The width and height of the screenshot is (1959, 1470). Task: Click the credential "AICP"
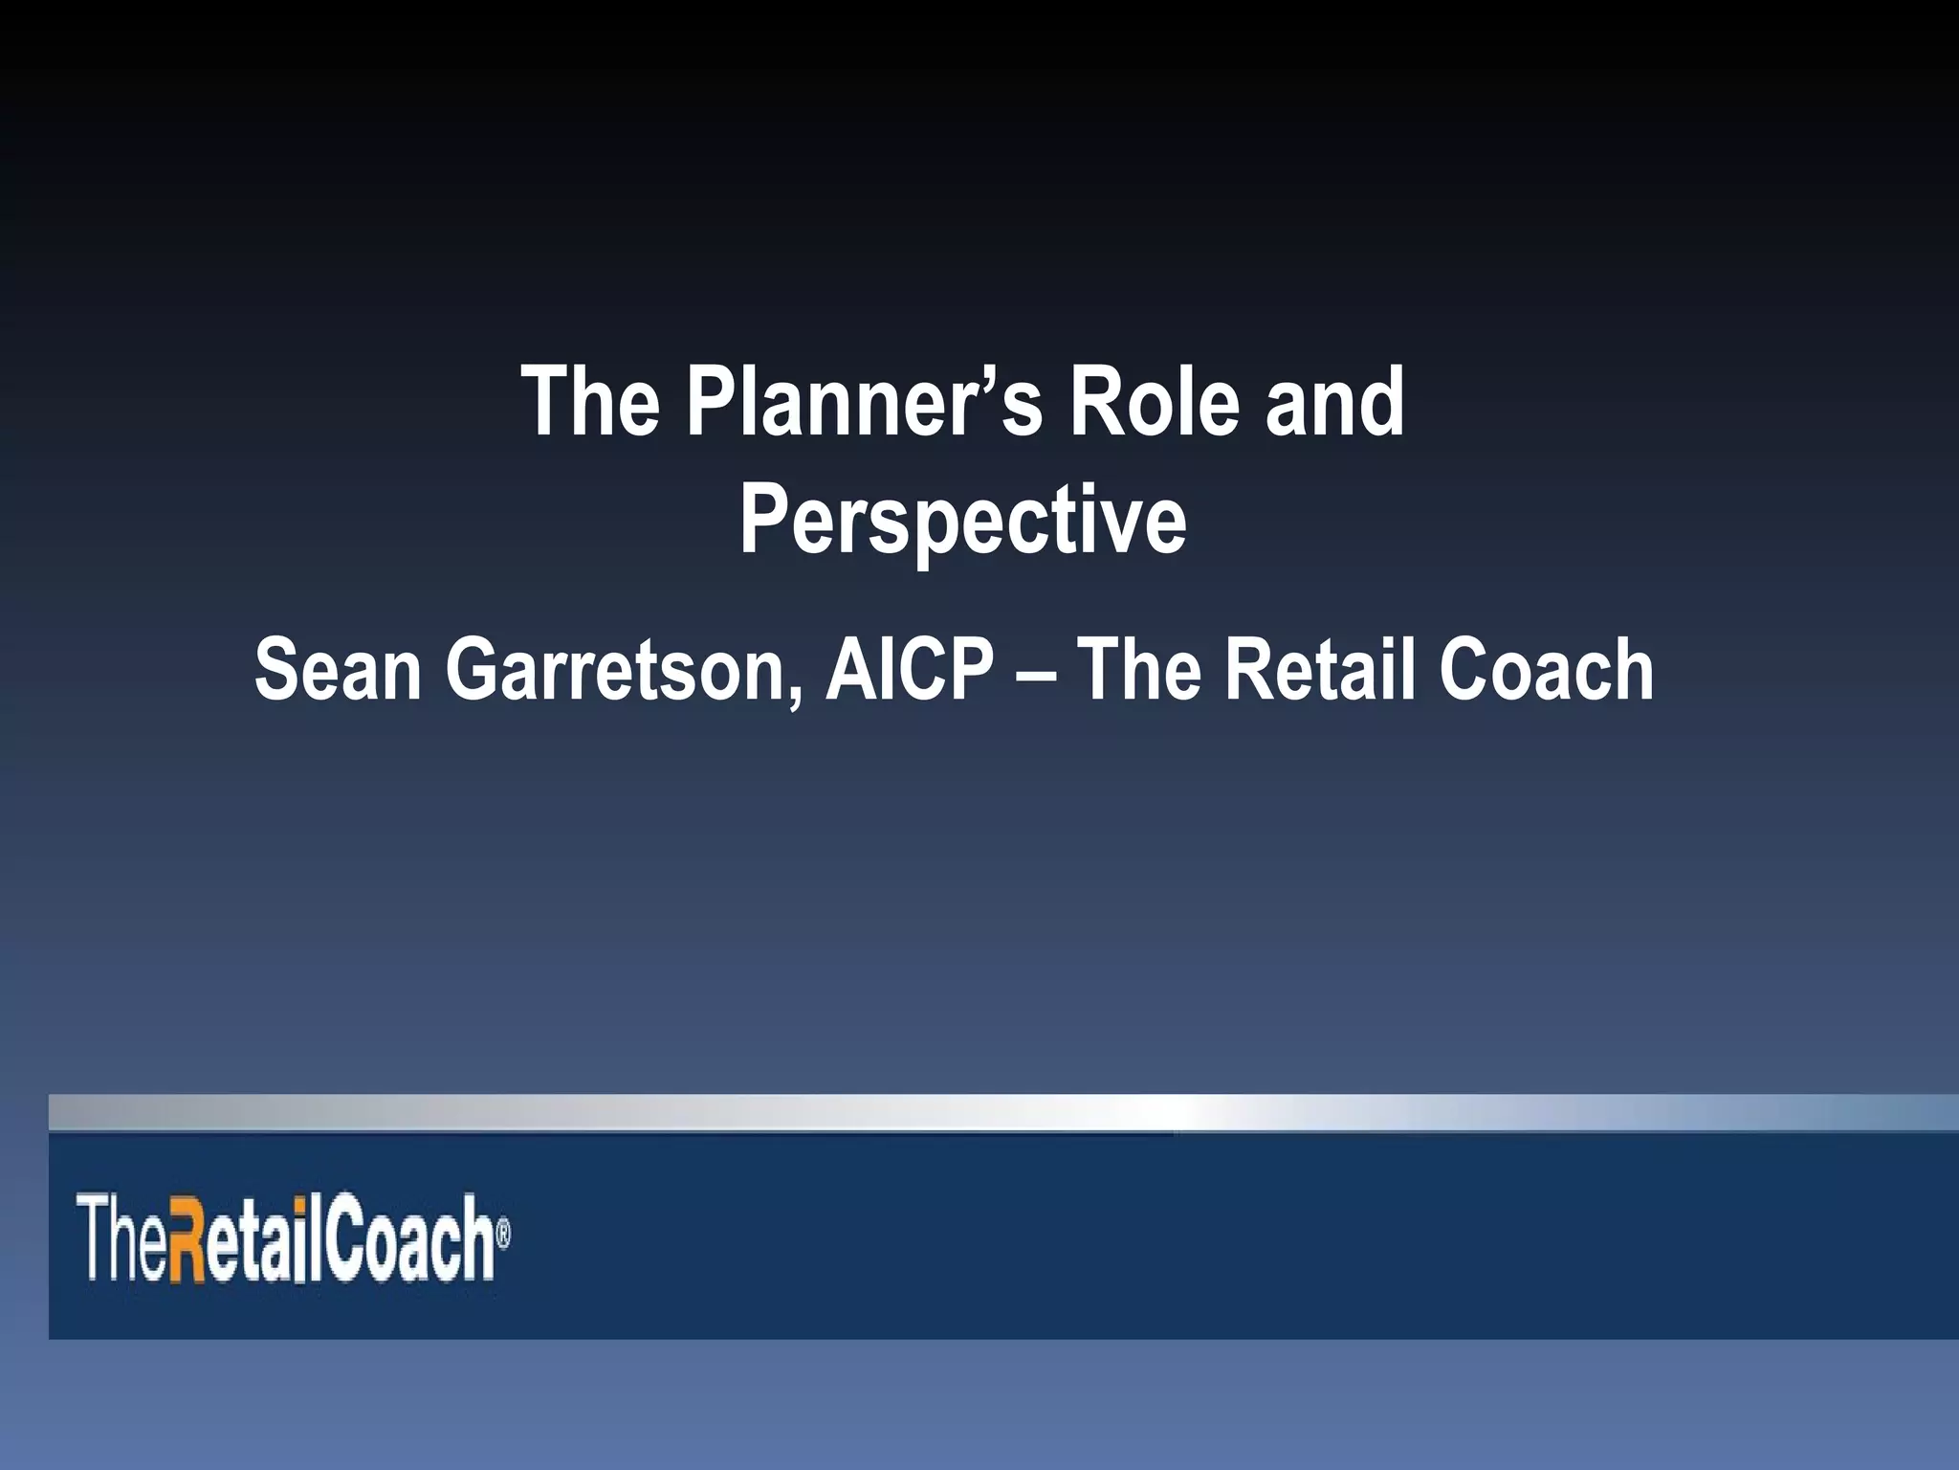[910, 670]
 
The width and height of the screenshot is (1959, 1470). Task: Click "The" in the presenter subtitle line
[1139, 670]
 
